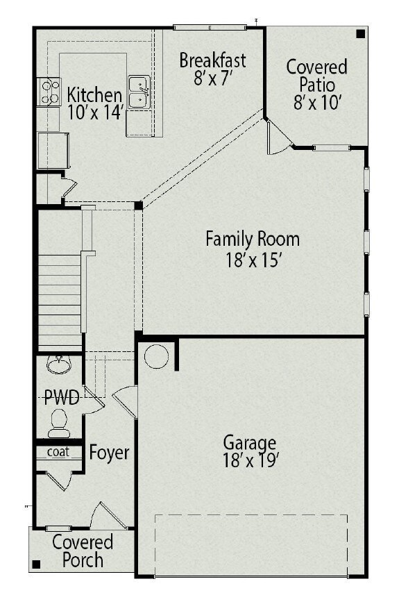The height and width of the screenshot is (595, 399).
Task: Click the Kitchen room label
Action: [94, 94]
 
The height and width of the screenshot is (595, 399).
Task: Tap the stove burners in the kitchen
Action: [49, 92]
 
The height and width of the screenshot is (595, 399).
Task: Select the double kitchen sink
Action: [139, 92]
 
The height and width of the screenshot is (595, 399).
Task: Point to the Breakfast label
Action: [212, 60]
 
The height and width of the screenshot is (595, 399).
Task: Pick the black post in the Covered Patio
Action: [361, 34]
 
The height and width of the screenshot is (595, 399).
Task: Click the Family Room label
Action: [253, 239]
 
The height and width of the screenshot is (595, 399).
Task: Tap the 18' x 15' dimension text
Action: [253, 260]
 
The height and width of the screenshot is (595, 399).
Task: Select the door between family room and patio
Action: [279, 137]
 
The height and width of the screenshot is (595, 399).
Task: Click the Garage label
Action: [250, 443]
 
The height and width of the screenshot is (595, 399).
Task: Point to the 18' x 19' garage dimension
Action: [251, 460]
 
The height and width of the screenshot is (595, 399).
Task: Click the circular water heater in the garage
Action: [156, 356]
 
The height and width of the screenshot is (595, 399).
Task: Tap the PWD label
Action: [62, 398]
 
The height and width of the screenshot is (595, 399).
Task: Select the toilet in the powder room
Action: [59, 424]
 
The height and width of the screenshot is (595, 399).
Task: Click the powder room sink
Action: [59, 364]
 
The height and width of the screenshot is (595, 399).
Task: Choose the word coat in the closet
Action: [58, 451]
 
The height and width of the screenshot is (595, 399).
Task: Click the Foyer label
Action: [109, 453]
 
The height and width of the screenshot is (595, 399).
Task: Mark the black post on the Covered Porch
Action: [36, 564]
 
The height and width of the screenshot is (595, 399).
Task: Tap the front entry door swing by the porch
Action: [109, 515]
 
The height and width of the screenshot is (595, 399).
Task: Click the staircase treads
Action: [60, 300]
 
